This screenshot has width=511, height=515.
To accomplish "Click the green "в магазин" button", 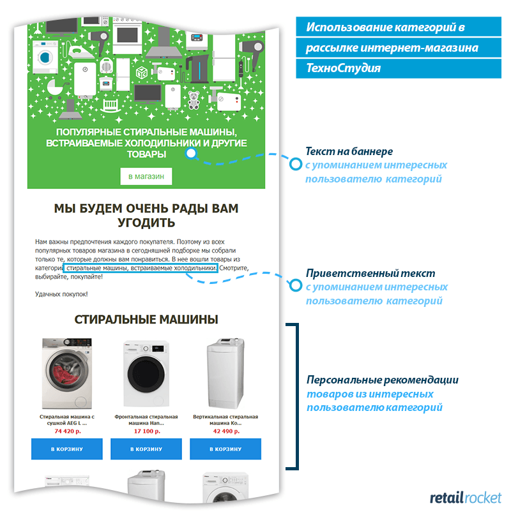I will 146,176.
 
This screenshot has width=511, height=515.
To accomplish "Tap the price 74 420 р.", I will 67,431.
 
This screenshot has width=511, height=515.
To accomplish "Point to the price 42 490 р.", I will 225,431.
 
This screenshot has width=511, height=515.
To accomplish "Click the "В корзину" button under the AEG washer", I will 67,449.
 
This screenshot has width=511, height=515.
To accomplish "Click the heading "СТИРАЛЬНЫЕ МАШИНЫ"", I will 146,320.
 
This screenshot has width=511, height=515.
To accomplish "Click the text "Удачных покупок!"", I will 61,294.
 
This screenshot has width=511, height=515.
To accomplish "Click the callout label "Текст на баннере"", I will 349,151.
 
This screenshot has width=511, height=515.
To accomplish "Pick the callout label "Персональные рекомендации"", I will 382,380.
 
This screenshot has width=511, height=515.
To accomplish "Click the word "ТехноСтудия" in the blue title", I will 343,68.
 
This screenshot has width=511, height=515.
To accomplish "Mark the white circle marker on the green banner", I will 190,153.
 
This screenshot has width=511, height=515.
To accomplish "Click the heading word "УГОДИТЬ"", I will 146,223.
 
